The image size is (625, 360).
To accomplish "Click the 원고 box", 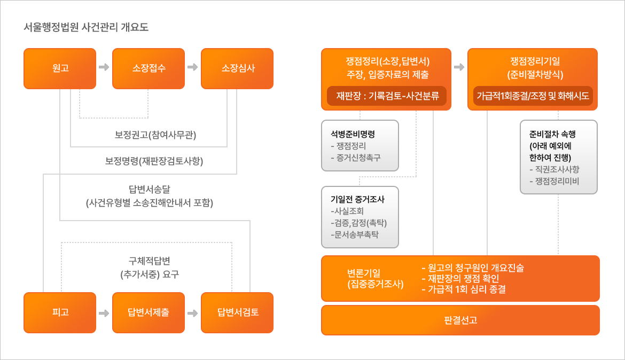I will point(60,68).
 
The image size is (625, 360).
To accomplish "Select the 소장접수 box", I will point(149,68).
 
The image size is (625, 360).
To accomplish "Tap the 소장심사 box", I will point(237,68).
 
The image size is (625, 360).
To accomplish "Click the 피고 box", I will point(60,312).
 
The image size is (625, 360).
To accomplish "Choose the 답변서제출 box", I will point(149,312).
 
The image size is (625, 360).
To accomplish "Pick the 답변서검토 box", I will point(237,312).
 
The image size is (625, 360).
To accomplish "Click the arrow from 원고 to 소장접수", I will point(104,68).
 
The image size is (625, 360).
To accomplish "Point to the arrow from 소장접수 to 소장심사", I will point(193,68).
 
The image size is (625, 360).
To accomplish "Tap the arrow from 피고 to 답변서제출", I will point(104,312).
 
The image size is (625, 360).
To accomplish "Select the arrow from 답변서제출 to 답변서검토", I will point(193,312).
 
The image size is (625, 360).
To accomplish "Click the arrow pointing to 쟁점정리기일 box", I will point(459,68).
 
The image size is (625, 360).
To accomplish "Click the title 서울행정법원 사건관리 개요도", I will point(86,27).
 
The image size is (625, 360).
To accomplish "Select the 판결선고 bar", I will point(460,320).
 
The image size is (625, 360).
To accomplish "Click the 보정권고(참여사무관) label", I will point(155,135).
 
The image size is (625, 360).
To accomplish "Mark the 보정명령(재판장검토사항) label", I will point(154,160).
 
